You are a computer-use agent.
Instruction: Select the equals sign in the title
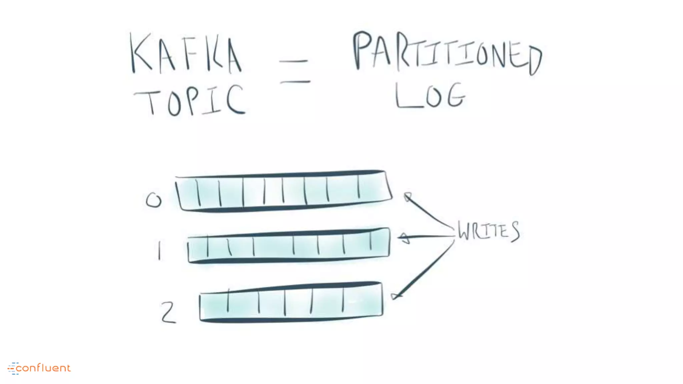[295, 71]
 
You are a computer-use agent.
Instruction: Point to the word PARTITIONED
[447, 53]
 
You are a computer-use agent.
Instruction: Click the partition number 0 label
[154, 200]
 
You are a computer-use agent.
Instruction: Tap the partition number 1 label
[159, 251]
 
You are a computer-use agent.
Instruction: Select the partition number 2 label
[168, 312]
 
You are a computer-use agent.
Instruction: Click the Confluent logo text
[43, 368]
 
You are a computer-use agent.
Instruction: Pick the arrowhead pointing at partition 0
[408, 197]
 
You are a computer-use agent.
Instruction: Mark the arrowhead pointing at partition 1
[404, 238]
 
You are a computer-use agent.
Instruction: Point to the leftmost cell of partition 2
[214, 304]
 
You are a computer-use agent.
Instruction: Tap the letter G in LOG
[456, 96]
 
